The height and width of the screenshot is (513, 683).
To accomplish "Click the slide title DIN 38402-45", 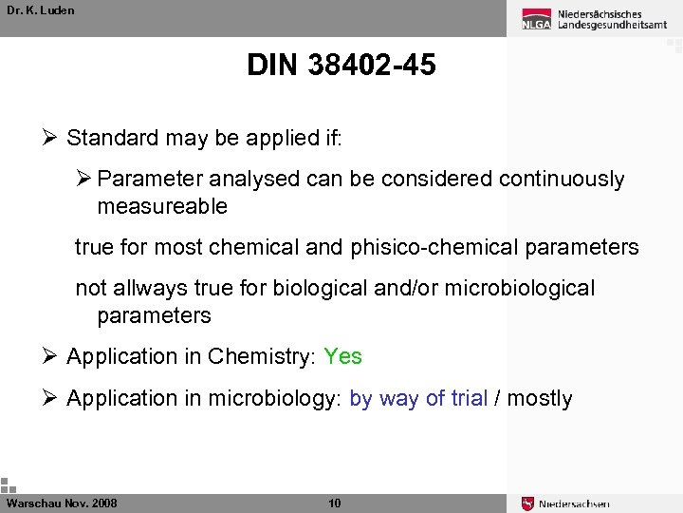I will click(341, 66).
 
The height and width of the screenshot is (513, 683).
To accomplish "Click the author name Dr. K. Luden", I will click(40, 10).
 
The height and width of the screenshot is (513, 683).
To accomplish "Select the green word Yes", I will click(342, 356).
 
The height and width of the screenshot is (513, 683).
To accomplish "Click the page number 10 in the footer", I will click(334, 503).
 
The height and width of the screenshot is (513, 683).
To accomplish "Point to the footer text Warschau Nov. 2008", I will click(62, 503).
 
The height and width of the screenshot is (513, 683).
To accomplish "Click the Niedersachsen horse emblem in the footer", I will click(528, 503).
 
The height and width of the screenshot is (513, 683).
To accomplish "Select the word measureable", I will click(162, 206).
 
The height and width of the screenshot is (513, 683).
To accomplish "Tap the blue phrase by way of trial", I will click(418, 398).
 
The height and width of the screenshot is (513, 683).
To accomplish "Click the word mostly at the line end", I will click(540, 398).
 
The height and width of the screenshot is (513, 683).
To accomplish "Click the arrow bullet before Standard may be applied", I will click(52, 138).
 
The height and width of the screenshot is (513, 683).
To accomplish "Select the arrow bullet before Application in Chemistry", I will click(52, 356).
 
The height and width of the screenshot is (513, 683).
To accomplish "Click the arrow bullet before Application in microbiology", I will click(52, 398).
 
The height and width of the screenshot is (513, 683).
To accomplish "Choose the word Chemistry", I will click(260, 356).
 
